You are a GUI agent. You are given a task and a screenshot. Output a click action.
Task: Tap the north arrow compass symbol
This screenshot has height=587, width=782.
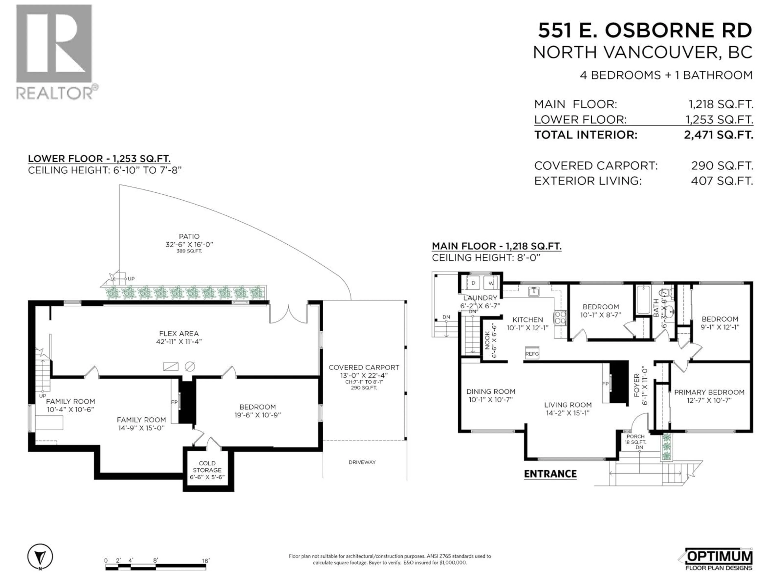click(40, 557)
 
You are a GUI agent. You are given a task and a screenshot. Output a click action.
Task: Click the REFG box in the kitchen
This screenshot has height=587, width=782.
click(532, 353)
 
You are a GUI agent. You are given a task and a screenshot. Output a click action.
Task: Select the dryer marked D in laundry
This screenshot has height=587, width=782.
click(473, 283)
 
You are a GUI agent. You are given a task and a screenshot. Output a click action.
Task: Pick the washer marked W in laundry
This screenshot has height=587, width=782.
click(491, 283)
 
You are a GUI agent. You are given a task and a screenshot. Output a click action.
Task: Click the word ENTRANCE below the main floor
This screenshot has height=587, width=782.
click(550, 474)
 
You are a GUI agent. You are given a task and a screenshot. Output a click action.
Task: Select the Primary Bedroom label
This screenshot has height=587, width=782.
click(709, 392)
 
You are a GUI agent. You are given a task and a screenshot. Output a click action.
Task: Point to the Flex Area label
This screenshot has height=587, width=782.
click(179, 333)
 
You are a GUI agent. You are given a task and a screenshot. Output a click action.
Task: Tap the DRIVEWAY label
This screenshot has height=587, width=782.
click(362, 462)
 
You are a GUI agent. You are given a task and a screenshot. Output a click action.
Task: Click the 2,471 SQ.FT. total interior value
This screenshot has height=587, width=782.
click(718, 135)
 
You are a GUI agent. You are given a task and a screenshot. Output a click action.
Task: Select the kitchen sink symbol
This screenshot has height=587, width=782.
click(534, 291)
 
